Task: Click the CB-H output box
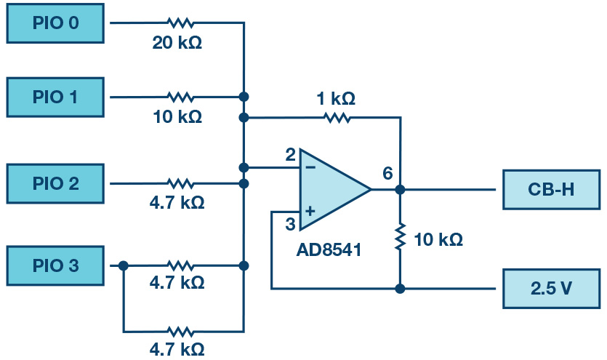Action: (550, 189)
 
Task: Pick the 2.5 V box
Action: (550, 288)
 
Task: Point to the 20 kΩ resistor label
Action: (177, 42)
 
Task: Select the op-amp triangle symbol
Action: (331, 189)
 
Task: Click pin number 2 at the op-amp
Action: (290, 155)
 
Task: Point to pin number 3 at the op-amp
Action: (290, 223)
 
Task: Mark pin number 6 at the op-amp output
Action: (387, 173)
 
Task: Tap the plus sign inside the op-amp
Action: (310, 211)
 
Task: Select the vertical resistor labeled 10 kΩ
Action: (400, 237)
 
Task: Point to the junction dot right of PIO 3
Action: (124, 266)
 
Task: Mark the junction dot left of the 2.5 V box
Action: (400, 288)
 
